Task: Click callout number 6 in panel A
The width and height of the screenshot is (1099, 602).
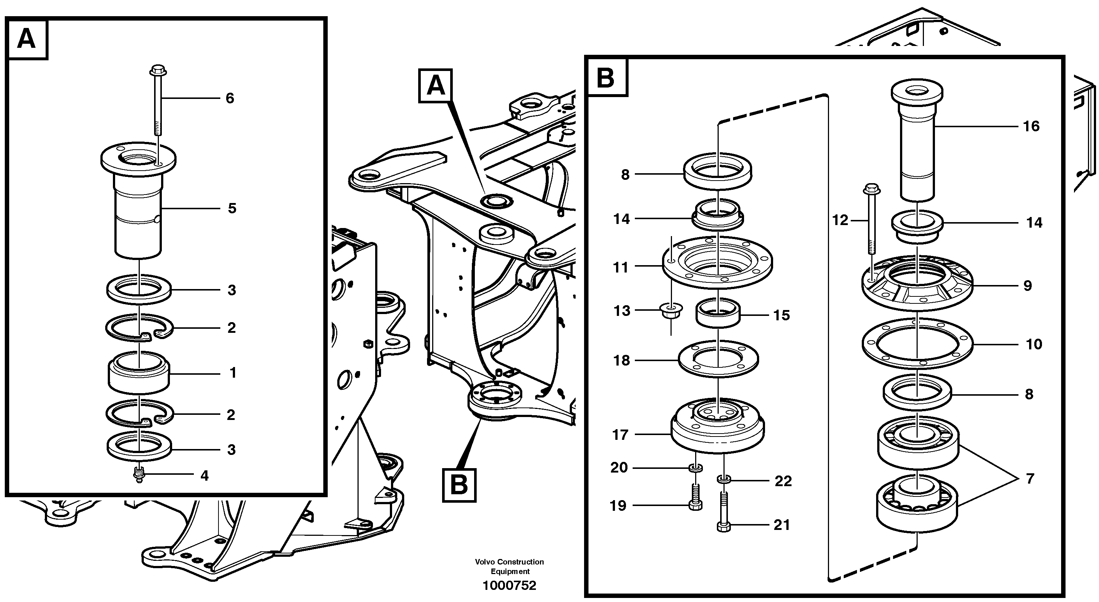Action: (x=230, y=99)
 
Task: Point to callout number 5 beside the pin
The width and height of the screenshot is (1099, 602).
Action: (x=232, y=208)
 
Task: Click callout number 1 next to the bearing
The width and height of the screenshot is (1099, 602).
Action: (x=232, y=373)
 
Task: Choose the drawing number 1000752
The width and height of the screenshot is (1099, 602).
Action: (x=509, y=585)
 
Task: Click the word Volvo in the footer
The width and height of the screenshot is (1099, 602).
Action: (x=485, y=562)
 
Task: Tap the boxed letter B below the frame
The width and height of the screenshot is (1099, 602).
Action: (x=459, y=485)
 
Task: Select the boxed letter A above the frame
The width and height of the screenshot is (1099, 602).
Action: (x=435, y=86)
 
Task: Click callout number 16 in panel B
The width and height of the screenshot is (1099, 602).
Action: (x=1031, y=126)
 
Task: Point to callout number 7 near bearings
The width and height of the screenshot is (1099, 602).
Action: (x=1030, y=479)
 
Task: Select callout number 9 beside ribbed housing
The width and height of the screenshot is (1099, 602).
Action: (x=1027, y=285)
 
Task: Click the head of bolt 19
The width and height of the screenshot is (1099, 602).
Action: (x=696, y=506)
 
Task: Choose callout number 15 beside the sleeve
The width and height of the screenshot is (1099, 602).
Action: (x=782, y=315)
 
